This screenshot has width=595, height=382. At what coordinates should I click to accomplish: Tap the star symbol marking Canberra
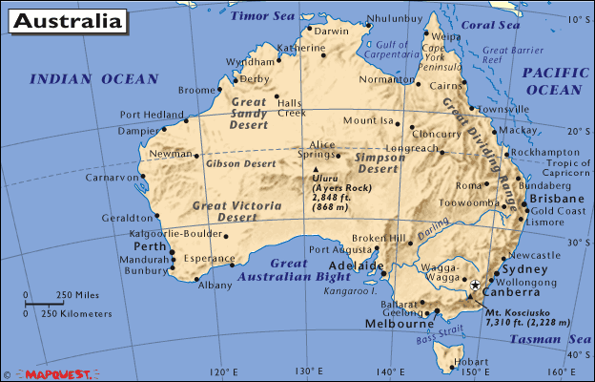coord(475,285)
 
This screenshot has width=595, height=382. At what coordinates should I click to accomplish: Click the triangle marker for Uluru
coord(316,171)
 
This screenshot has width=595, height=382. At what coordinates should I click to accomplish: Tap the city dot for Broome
coord(223,93)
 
